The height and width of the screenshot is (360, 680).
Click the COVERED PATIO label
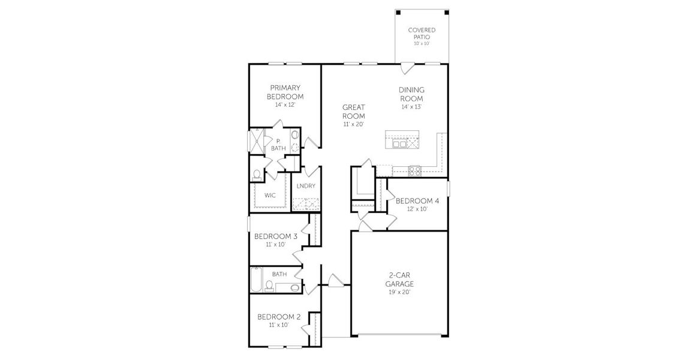422,33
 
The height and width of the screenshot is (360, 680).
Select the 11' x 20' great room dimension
353,124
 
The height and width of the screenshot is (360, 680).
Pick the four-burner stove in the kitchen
415,171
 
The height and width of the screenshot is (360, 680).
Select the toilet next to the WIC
257,174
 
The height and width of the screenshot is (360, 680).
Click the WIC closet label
270,195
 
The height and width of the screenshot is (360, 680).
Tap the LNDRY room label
305,186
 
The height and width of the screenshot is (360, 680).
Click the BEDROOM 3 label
275,236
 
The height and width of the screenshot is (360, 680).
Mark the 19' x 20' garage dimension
399,292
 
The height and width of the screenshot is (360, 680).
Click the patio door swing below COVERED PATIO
407,68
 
